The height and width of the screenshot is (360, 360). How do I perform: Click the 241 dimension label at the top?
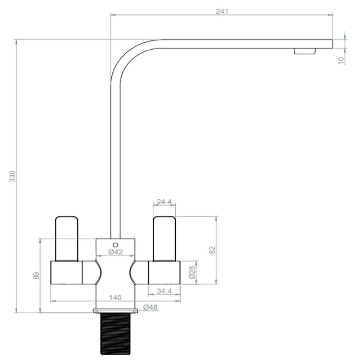pos(222,11)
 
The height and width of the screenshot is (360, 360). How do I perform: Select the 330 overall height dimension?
pos(13,176)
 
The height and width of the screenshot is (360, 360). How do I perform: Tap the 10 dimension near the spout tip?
pos(341,60)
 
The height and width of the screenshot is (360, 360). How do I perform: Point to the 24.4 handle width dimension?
pos(164,202)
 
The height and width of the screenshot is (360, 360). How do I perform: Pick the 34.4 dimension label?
pos(164,291)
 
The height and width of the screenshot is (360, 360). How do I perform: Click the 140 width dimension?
pos(115,297)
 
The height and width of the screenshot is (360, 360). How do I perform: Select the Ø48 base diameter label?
pos(150,307)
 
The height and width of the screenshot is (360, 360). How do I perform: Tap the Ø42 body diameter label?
pos(115,252)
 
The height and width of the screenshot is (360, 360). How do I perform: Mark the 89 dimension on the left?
pos(36,276)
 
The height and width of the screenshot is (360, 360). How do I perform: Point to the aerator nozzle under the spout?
pos(305,51)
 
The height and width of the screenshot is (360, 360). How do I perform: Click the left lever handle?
pos(66,238)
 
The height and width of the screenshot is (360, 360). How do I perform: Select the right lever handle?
pos(164,238)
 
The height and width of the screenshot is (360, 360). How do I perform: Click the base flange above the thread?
pos(115,310)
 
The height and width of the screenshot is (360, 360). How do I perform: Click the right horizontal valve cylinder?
pos(164,273)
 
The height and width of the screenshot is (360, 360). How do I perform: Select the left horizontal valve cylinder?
pos(67,273)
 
